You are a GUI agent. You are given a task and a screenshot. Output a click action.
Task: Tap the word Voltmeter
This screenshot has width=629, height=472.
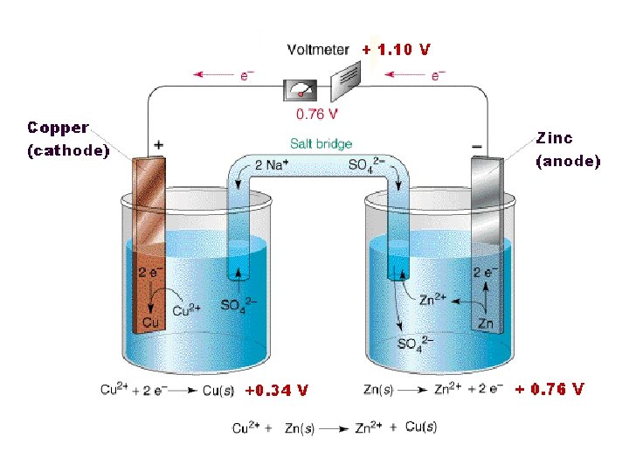318,50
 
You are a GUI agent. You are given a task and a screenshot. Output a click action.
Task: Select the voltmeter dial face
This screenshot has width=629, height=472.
301,89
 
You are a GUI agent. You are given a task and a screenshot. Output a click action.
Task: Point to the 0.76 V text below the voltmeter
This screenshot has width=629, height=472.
317,114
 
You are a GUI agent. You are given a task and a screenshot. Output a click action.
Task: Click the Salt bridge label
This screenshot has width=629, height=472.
321,143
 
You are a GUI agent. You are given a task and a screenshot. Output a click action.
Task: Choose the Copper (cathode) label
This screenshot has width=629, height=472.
67,139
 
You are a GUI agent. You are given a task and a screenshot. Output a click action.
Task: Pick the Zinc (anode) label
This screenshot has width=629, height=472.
568,149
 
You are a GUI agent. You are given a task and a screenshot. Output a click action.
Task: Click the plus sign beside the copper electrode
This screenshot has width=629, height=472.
158,143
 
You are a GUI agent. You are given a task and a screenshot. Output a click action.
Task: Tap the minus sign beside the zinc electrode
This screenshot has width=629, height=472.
477,143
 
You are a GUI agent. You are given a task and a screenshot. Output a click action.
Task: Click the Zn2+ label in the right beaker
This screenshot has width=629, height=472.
432,299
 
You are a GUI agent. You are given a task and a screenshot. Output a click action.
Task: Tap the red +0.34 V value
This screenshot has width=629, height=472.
276,390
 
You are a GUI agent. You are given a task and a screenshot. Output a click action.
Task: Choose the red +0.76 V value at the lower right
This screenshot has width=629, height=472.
550,389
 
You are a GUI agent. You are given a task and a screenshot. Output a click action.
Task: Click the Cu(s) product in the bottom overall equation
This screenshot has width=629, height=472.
420,427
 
